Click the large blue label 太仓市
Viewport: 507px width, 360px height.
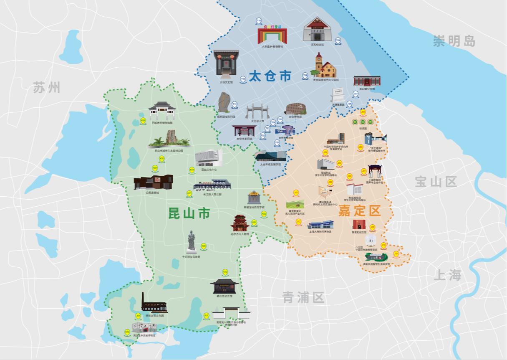(x=270, y=76)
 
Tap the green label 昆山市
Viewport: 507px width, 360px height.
(x=189, y=213)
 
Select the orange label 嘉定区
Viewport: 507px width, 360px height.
(x=360, y=211)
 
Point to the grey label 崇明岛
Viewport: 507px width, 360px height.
(x=454, y=41)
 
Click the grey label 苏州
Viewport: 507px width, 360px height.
(x=47, y=88)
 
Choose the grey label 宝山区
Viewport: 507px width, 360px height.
(x=436, y=182)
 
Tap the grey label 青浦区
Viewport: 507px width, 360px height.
(x=303, y=298)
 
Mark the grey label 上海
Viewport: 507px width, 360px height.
(x=448, y=276)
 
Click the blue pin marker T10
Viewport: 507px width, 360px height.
(x=259, y=20)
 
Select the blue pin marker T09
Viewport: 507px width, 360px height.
(x=338, y=41)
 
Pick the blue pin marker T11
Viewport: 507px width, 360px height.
(x=243, y=79)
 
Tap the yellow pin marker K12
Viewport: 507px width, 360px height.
(x=225, y=272)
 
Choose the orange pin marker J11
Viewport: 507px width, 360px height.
(x=396, y=254)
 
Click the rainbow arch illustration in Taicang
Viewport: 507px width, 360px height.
(x=272, y=34)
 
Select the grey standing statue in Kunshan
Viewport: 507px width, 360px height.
(x=191, y=241)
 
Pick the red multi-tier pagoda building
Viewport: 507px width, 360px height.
(x=240, y=223)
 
